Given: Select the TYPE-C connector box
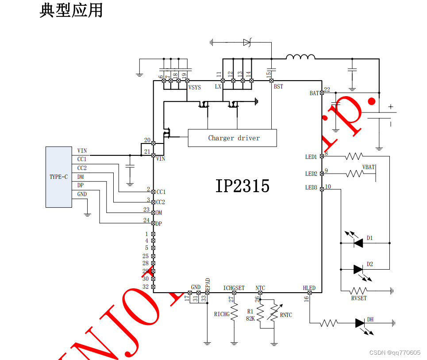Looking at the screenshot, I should (x=59, y=177).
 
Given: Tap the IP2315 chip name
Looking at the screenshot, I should (x=242, y=186).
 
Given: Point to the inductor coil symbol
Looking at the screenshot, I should (x=300, y=57).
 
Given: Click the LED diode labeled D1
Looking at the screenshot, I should (x=358, y=243).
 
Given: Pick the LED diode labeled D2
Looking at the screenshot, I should (x=358, y=269).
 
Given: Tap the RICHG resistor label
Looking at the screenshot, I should (x=222, y=314).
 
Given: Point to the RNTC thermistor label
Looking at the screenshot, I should (x=286, y=315).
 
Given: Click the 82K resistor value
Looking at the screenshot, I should (x=250, y=318).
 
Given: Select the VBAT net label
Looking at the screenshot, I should (x=369, y=167).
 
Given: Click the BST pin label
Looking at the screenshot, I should (x=278, y=86).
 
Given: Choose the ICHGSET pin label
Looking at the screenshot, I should (x=234, y=288).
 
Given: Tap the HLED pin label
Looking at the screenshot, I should (x=309, y=288).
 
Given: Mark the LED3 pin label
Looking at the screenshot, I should (x=311, y=188).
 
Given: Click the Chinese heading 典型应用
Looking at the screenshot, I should (x=71, y=10).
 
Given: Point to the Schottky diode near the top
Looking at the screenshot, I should (x=247, y=43).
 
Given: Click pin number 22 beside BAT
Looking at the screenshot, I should (x=327, y=89).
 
